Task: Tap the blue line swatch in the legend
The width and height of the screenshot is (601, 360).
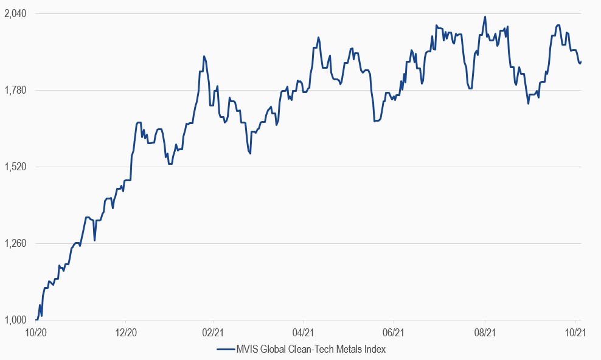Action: pos(224,349)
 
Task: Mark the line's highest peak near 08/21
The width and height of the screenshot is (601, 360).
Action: pos(485,16)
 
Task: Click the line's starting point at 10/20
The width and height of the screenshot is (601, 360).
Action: pos(36,320)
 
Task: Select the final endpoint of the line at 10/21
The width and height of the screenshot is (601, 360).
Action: pos(581,61)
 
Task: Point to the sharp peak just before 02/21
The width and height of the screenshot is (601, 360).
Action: pos(204,56)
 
